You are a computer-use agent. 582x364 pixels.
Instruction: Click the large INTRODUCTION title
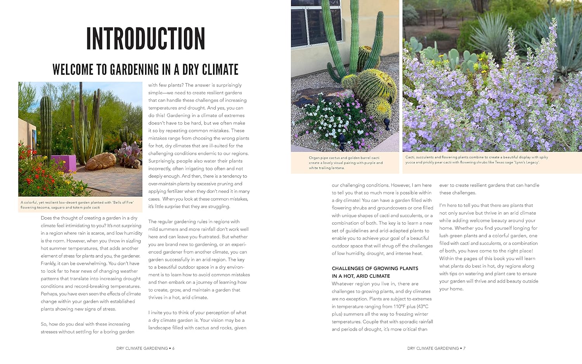pyautogui.click(x=145, y=38)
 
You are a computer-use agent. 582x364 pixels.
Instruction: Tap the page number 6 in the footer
pyautogui.click(x=173, y=348)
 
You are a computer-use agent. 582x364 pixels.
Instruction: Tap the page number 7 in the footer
pyautogui.click(x=464, y=348)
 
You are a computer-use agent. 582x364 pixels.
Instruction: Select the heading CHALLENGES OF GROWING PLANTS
pyautogui.click(x=375, y=269)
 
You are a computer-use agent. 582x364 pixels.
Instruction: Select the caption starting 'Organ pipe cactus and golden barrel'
pyautogui.click(x=345, y=163)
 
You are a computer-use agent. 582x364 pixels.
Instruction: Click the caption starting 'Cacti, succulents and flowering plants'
pyautogui.click(x=476, y=159)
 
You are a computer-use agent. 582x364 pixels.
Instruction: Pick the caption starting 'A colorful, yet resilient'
pyautogui.click(x=77, y=205)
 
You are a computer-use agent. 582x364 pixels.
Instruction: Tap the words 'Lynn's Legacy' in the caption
pyautogui.click(x=527, y=162)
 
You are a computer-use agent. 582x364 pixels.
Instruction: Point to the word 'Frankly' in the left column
pyautogui.click(x=48, y=263)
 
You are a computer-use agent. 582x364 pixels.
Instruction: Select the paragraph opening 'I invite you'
pyautogui.click(x=197, y=320)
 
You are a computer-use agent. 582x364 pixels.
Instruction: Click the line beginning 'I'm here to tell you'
pyautogui.click(x=486, y=205)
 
